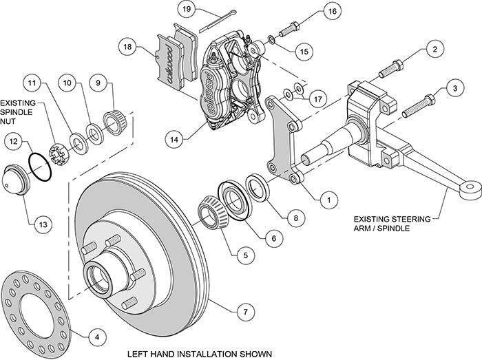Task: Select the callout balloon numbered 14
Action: click(x=176, y=138)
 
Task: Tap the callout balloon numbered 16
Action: click(x=332, y=12)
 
